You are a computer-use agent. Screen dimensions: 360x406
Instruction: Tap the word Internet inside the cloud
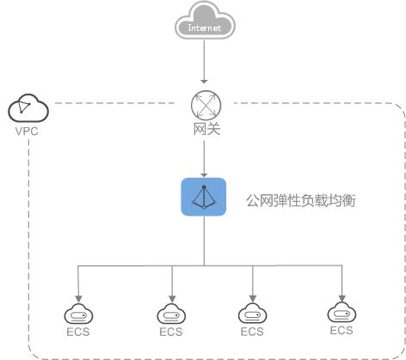(x=203, y=27)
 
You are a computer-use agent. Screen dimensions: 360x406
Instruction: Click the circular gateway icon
(x=204, y=106)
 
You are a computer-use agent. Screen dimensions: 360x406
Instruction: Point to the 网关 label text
(x=204, y=130)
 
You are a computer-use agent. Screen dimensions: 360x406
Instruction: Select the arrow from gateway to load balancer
(x=204, y=158)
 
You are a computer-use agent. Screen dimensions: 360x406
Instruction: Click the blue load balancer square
(x=204, y=197)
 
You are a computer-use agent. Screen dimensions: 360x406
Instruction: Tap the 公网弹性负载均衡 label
(x=301, y=200)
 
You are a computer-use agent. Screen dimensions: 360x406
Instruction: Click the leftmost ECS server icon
(x=79, y=313)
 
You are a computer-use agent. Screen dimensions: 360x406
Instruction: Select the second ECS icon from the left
(x=172, y=313)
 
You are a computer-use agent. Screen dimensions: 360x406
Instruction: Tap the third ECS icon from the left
(x=252, y=313)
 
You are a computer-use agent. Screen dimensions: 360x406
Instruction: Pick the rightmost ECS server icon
(x=341, y=311)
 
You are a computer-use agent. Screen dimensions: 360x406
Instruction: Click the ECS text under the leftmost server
(x=79, y=332)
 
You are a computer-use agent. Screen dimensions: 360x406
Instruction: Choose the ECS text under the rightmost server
(x=341, y=330)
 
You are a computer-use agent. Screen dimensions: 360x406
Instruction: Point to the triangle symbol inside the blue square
(x=204, y=197)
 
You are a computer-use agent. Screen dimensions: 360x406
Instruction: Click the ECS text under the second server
(x=172, y=332)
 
